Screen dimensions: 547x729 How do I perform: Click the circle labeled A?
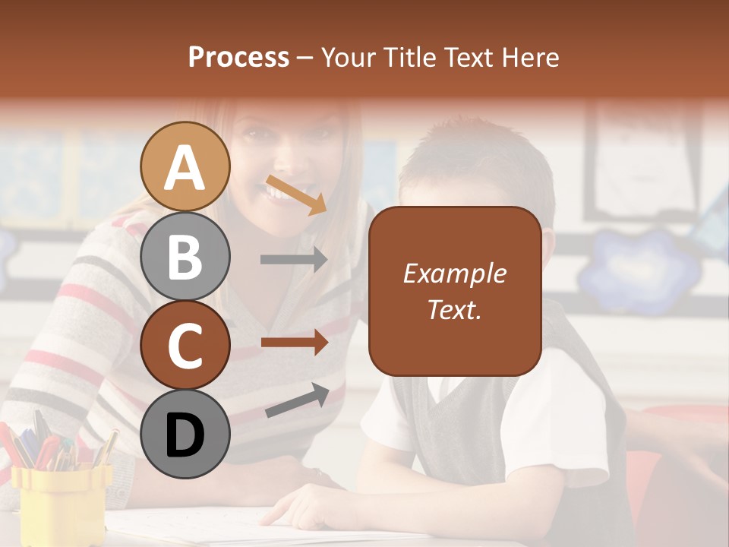[x=185, y=166]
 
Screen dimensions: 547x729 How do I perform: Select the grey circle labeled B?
[x=185, y=256]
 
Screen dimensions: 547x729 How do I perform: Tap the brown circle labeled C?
[x=185, y=345]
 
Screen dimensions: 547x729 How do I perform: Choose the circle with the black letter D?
[x=185, y=435]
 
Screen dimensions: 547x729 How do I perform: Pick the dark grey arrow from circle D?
[x=297, y=401]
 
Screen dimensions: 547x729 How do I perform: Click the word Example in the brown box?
[x=454, y=273]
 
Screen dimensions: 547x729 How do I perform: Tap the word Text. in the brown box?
[x=454, y=309]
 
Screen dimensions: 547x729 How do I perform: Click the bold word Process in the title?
[x=238, y=57]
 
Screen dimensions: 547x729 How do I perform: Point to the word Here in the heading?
[x=531, y=57]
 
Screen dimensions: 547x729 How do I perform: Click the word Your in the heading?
[x=349, y=57]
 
